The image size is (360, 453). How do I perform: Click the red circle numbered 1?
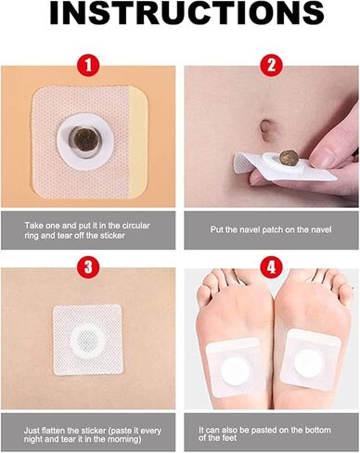click(x=88, y=66)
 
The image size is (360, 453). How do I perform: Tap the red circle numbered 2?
click(x=271, y=65)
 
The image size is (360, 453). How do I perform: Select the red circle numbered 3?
click(x=88, y=267)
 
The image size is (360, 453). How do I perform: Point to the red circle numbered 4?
click(x=271, y=267)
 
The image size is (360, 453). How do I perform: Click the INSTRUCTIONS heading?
click(x=186, y=13)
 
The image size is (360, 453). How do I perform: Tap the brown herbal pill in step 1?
click(x=85, y=142)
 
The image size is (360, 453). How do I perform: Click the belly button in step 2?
click(x=265, y=127)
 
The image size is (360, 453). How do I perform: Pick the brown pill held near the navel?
click(x=289, y=158)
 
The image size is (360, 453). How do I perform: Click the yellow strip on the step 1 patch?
click(x=138, y=142)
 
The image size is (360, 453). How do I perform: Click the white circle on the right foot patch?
click(x=308, y=362)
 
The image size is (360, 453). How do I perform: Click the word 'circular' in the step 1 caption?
click(x=135, y=226)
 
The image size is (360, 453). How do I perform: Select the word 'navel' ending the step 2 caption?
click(x=320, y=230)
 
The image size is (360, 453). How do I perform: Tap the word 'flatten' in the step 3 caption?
click(x=54, y=431)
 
